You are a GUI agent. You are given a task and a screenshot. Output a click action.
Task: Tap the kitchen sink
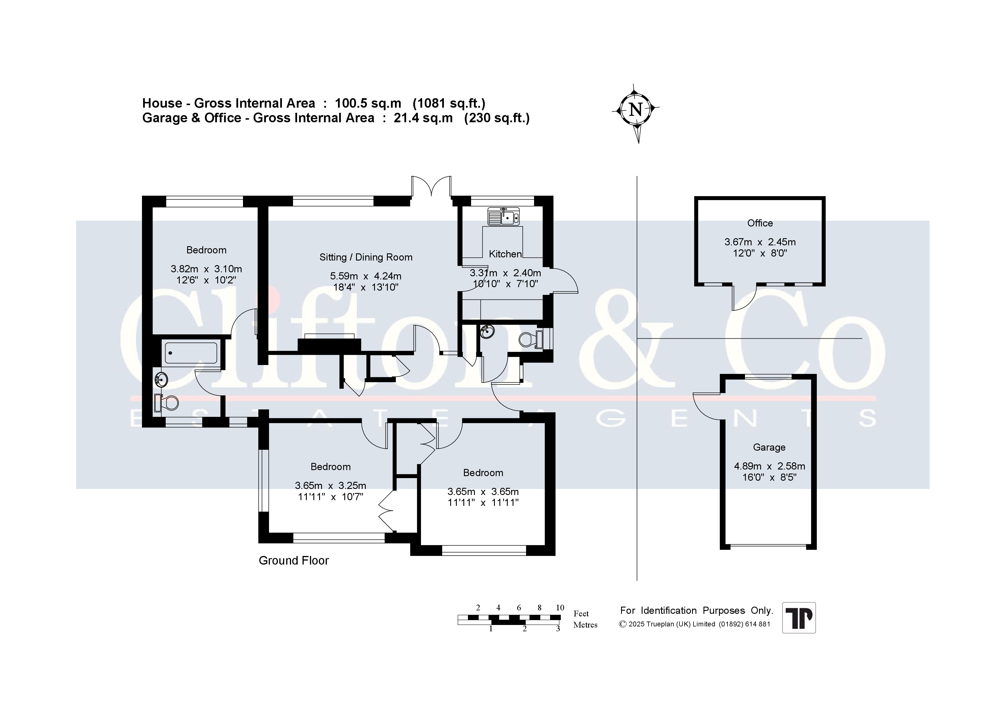(x=504, y=216)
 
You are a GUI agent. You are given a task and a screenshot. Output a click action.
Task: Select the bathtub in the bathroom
(x=191, y=353)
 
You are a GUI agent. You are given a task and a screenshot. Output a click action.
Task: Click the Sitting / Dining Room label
(x=366, y=257)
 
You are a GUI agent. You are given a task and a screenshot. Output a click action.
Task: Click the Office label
(x=760, y=223)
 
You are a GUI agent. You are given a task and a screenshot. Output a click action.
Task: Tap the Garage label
(x=769, y=447)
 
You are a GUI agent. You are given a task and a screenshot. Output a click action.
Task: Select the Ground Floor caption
(x=294, y=560)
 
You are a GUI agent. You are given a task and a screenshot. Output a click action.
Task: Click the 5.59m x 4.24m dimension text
(x=365, y=276)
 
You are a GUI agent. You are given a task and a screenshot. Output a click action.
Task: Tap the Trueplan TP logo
(x=799, y=618)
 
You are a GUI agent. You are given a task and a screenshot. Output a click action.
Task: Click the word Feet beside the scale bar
(x=581, y=614)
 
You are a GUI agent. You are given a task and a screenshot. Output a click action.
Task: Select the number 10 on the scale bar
(x=560, y=608)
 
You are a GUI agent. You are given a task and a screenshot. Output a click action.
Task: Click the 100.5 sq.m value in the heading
(x=368, y=103)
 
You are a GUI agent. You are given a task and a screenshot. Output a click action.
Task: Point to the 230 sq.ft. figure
(x=497, y=118)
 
